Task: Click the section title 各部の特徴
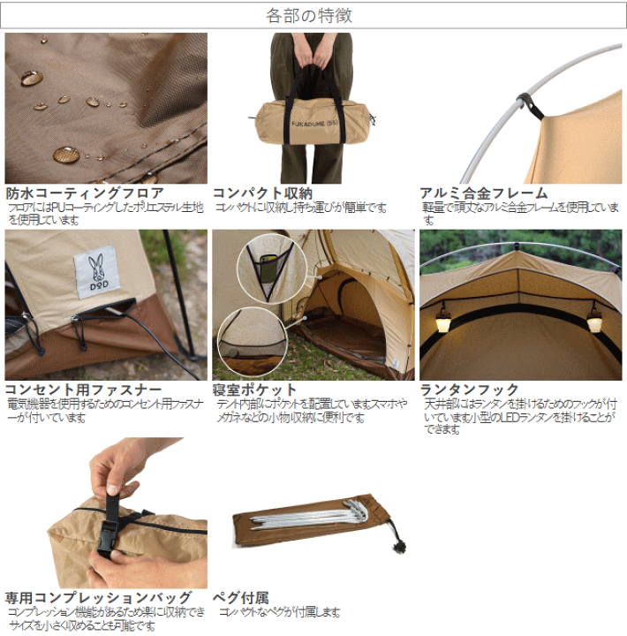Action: (313, 15)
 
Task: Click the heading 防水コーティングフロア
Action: (84, 193)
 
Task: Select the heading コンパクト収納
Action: (262, 193)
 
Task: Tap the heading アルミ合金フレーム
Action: (483, 193)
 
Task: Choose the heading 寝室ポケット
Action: (254, 389)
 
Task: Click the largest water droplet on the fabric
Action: (66, 155)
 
